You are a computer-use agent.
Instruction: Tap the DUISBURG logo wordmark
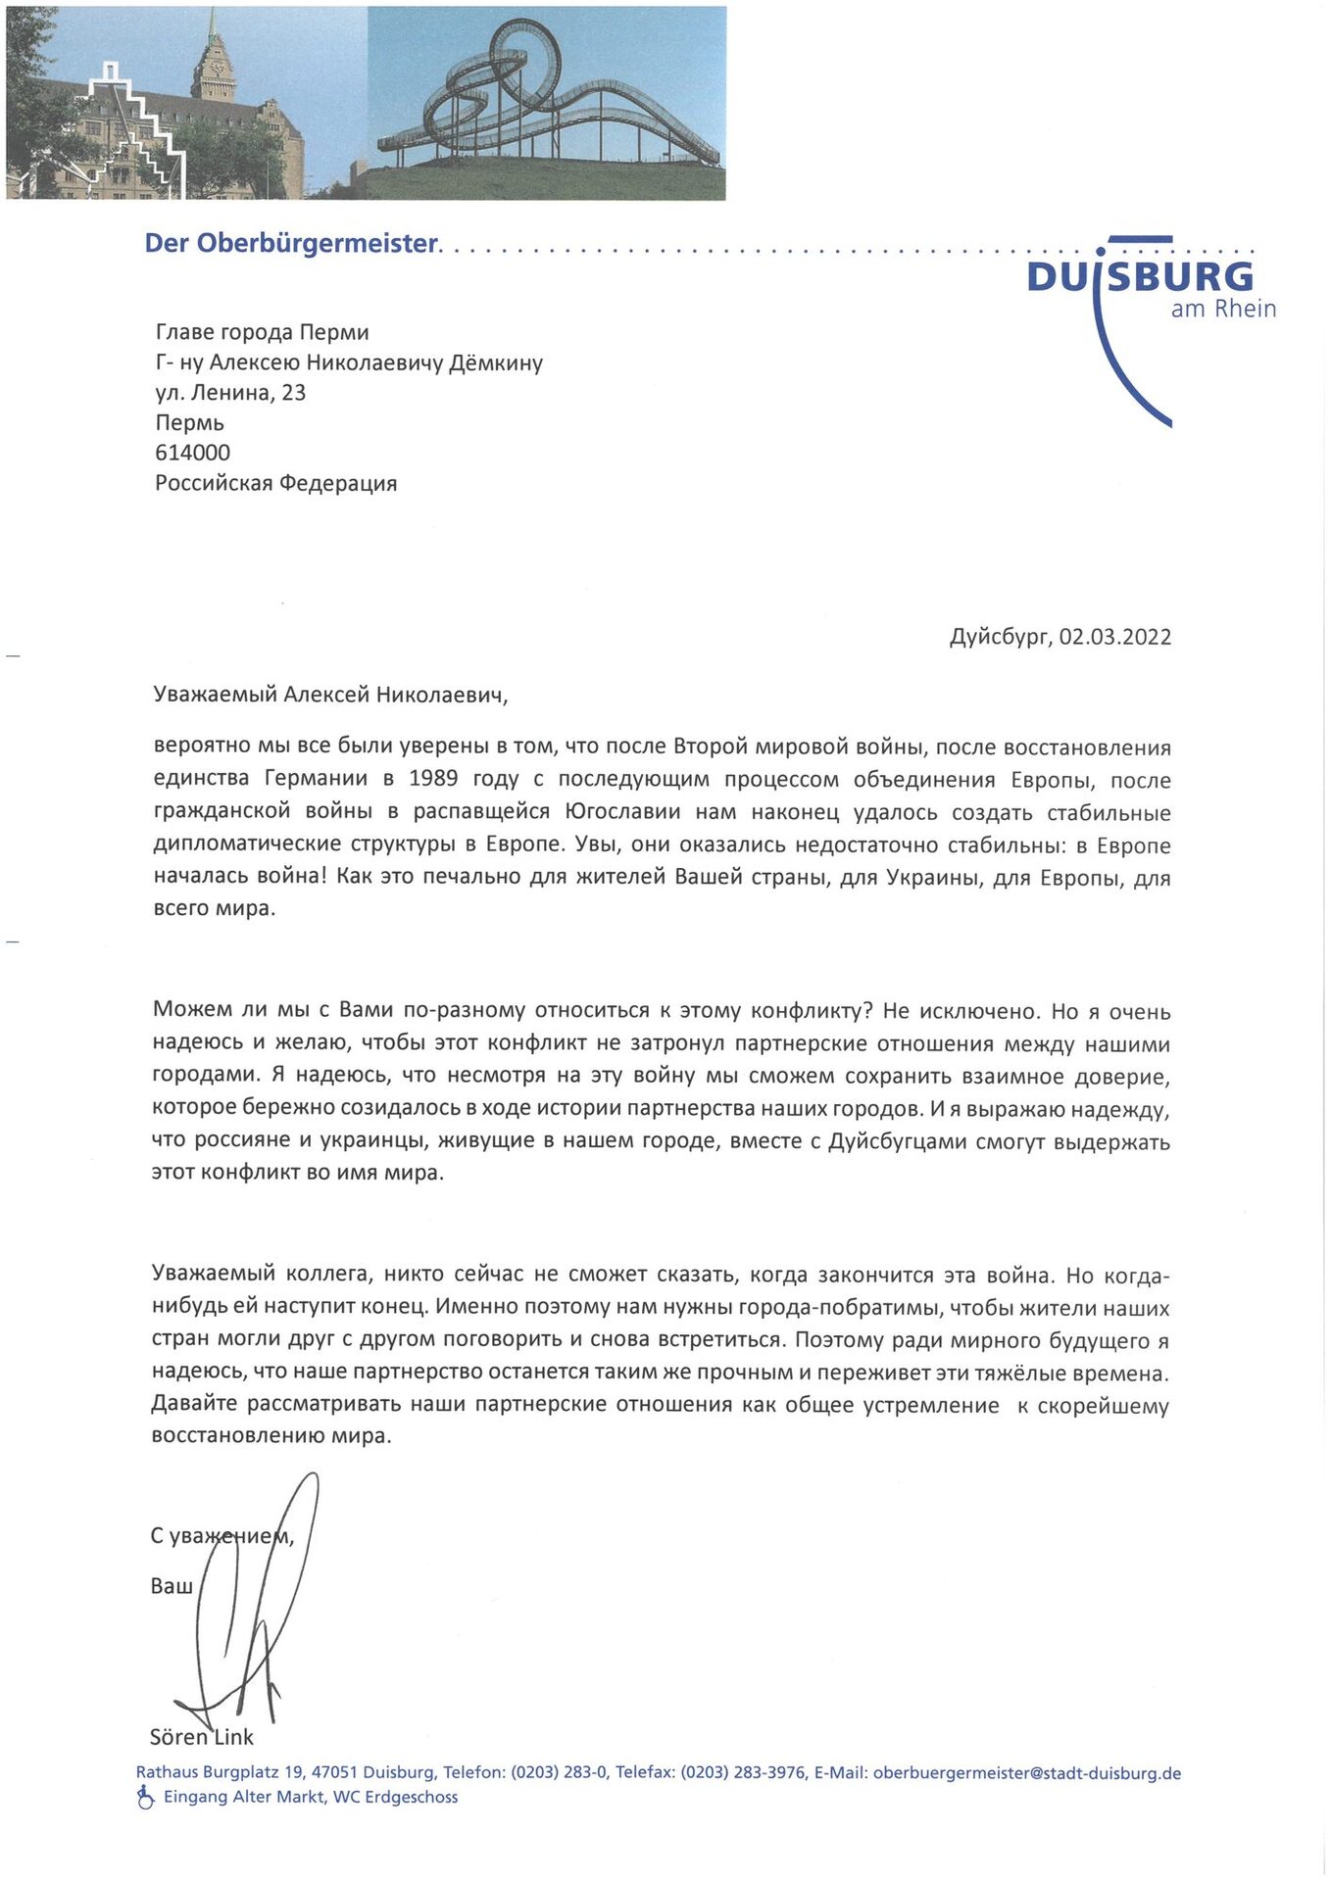coord(1140,277)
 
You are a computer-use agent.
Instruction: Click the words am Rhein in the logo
coord(1223,309)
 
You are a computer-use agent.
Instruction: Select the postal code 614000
coord(193,453)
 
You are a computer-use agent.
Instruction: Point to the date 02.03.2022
coord(1114,637)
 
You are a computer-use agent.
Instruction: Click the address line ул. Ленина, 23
coord(230,393)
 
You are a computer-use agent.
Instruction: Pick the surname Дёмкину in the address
coord(495,362)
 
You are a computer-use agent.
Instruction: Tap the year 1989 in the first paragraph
coord(433,779)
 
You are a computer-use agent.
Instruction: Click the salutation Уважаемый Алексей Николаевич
coord(330,695)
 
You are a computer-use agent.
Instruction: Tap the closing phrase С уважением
coord(222,1536)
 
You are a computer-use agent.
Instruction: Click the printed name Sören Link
coord(201,1737)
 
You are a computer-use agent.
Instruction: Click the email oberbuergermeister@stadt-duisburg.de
coord(1026,1773)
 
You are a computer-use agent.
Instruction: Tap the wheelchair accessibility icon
coord(145,1797)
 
